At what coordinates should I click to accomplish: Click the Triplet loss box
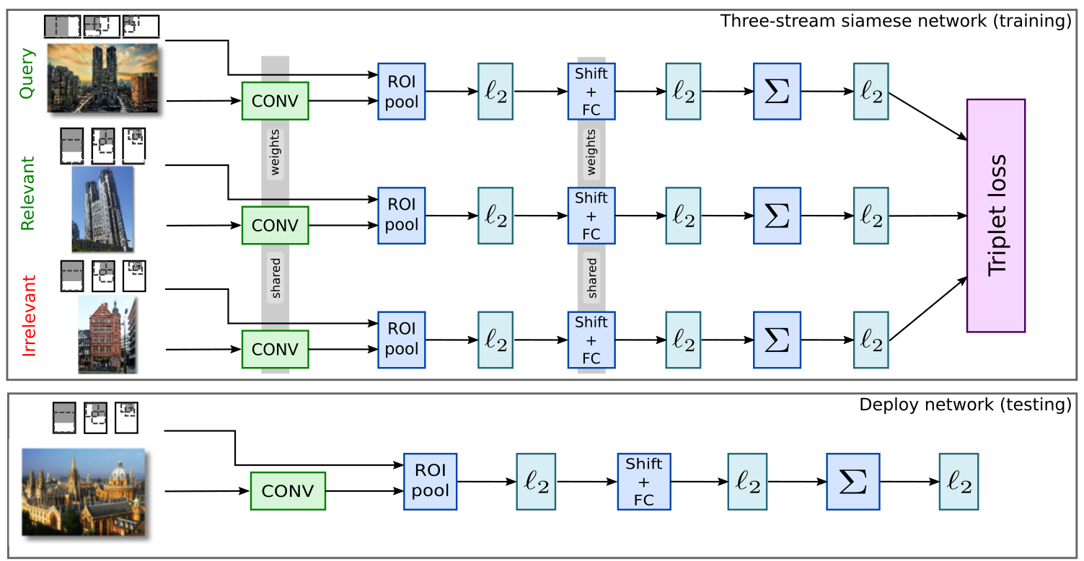(x=995, y=215)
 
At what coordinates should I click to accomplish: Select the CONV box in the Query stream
(x=275, y=101)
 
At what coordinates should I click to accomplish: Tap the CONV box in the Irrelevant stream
(x=275, y=349)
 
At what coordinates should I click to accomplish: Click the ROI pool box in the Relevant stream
(x=401, y=215)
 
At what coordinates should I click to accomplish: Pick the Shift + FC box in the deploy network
(x=643, y=481)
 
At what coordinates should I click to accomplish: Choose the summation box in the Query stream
(x=777, y=91)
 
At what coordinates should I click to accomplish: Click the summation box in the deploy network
(x=852, y=481)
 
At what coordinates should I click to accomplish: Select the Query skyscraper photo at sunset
(x=102, y=78)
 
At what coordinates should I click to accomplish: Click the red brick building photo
(x=107, y=335)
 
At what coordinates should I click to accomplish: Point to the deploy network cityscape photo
(x=84, y=492)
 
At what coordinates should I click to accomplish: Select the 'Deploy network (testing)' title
(x=965, y=405)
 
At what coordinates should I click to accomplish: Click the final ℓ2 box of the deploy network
(x=958, y=481)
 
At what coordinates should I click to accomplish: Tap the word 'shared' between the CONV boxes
(x=276, y=278)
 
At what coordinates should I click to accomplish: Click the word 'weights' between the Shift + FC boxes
(x=591, y=153)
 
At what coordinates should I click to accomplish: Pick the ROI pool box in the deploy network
(x=430, y=481)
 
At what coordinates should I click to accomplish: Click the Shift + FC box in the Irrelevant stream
(x=591, y=339)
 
